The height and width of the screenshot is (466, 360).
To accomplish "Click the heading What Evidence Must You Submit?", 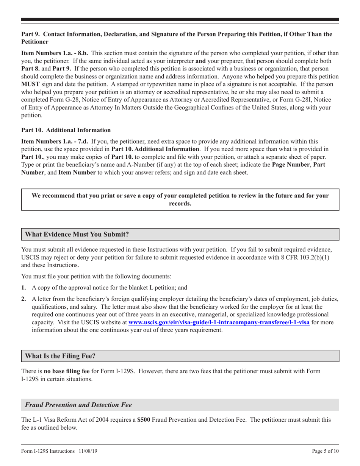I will (77, 234).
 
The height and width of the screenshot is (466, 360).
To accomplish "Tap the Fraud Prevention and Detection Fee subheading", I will (78, 405).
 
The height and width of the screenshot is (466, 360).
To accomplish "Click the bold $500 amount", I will (144, 420).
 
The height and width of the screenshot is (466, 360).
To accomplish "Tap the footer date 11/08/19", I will (91, 451).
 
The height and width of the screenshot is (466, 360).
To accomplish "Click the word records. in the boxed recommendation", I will (180, 203).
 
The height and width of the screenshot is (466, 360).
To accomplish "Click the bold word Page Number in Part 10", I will (291, 165).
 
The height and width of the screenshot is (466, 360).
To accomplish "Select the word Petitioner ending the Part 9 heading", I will (34, 42).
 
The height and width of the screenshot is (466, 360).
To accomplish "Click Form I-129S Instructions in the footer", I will (49, 451).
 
